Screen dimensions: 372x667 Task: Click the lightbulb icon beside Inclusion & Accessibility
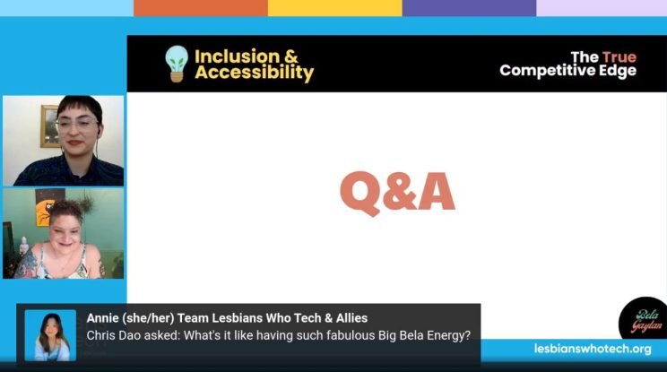[x=177, y=64]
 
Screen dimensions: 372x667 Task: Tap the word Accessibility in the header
[x=254, y=73]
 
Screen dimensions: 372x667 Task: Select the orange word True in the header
[x=619, y=56]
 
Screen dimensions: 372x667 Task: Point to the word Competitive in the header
[x=550, y=70]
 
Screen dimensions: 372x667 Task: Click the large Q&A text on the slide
[x=397, y=192]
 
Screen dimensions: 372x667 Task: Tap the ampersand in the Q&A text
[x=397, y=192]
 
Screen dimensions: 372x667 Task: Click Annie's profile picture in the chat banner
[x=50, y=335]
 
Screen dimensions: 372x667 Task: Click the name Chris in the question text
[x=102, y=335]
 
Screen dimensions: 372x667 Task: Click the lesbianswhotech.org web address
[x=593, y=348]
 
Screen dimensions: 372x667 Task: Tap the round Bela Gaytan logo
[x=642, y=319]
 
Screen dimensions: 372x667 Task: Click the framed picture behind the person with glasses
[x=49, y=125]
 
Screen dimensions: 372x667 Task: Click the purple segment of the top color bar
[x=469, y=8]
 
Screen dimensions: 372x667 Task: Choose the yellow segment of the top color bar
[x=334, y=8]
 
